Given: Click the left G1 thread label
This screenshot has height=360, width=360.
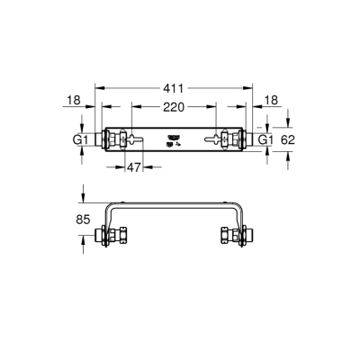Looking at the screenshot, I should [79, 140].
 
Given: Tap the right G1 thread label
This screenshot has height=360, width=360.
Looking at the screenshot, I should [265, 140].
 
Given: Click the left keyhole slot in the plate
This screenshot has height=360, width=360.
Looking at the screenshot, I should [135, 139].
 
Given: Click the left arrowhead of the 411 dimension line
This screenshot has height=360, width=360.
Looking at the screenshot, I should [98, 89].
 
